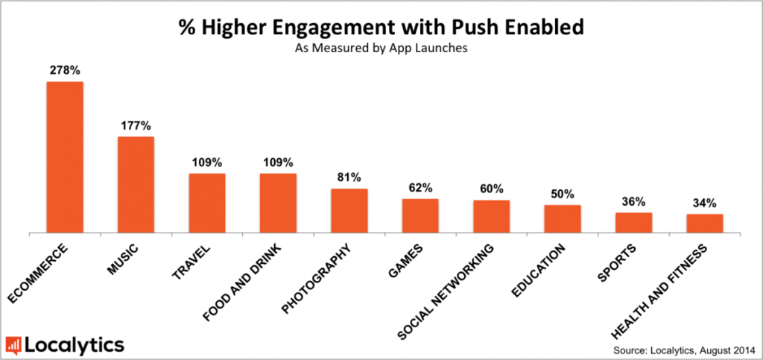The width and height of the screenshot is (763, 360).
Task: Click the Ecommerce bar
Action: tap(65, 157)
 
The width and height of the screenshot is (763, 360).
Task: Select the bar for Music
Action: tap(136, 185)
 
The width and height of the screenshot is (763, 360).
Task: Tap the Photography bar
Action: tap(349, 211)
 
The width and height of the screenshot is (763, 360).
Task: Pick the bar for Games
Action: tap(420, 216)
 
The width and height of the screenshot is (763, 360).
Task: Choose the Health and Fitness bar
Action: tap(705, 224)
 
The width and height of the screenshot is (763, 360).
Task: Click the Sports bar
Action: tap(633, 224)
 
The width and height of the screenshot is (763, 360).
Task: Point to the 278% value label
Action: tap(64, 71)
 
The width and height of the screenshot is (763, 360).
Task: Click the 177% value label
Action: tap(136, 125)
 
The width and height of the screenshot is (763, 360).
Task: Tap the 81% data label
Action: tap(349, 177)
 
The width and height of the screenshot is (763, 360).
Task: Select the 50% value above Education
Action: tap(563, 194)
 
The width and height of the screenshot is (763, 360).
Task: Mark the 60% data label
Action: tap(492, 189)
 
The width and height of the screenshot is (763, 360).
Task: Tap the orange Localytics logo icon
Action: tap(13, 344)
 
